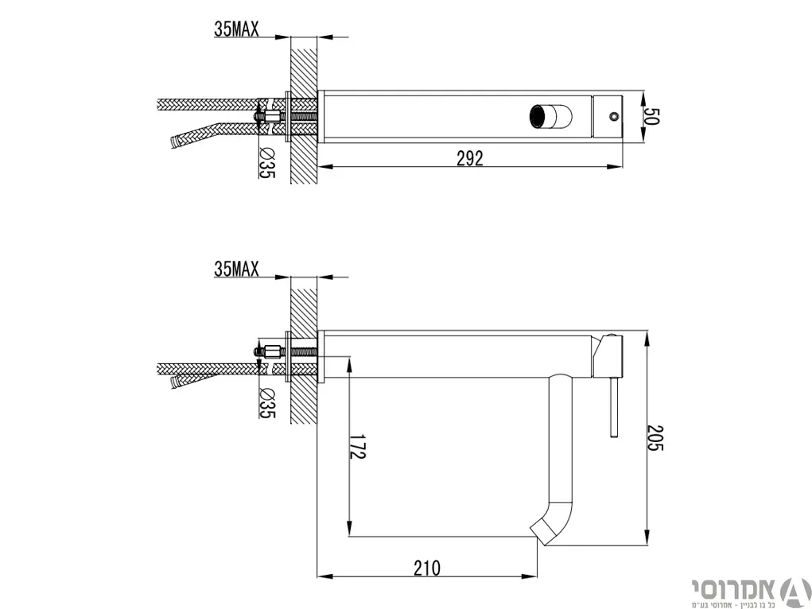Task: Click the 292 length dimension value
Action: pos(470,158)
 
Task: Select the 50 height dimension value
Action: pos(652,117)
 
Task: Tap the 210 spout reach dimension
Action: pos(427,568)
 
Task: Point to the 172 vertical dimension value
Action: pos(357,446)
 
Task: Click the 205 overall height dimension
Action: pos(655,438)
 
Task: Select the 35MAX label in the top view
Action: pos(236,29)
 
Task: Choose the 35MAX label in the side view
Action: pos(236,269)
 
